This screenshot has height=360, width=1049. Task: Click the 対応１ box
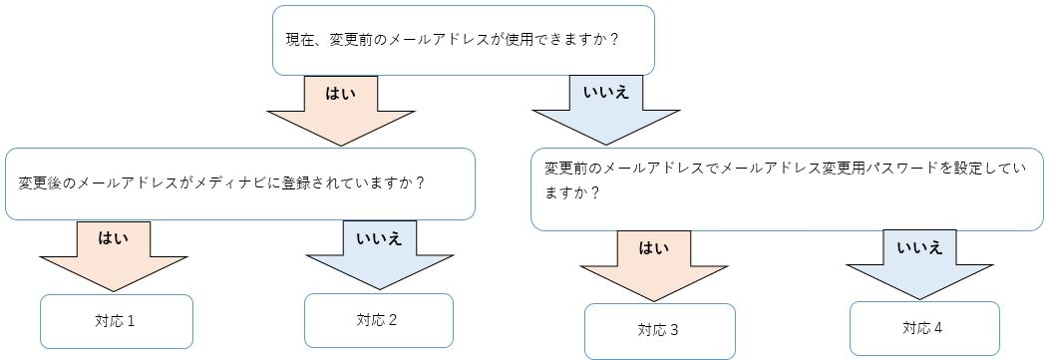(116, 321)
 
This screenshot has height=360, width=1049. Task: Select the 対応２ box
(378, 320)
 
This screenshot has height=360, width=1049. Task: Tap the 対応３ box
(659, 330)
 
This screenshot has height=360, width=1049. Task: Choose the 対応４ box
(923, 326)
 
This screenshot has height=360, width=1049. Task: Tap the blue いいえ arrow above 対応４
(919, 262)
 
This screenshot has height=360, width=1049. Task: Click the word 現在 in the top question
(297, 41)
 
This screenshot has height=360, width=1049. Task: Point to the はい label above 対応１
(112, 237)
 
